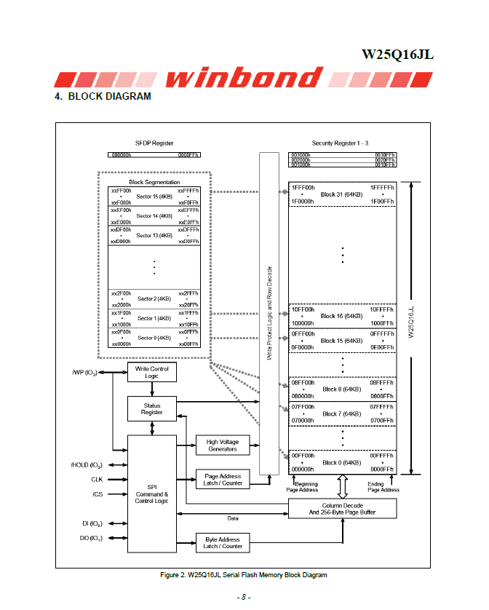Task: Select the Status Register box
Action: pos(152,409)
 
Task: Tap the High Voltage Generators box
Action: pos(222,445)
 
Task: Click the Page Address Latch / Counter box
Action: pos(222,479)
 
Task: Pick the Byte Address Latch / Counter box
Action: pos(222,542)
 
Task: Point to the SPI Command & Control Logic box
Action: pos(151,493)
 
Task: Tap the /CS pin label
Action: pos(98,494)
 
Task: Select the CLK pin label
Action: pos(97,480)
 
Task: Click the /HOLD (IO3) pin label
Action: pos(87,464)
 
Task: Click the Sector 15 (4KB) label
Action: pos(154,196)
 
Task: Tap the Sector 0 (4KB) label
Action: pos(154,338)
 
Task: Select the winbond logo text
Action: pos(245,78)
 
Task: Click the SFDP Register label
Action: pos(154,143)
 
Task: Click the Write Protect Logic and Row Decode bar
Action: pos(270,313)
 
